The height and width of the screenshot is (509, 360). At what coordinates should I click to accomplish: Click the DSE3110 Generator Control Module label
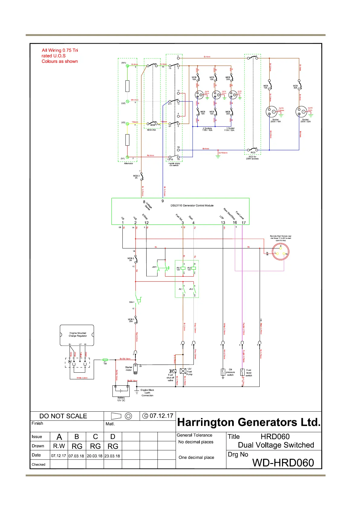click(192, 206)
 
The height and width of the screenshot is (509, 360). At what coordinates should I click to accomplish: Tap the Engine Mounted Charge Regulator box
click(77, 335)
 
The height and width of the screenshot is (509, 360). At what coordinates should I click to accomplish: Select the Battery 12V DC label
click(121, 399)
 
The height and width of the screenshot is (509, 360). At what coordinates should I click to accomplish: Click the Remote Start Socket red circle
click(281, 251)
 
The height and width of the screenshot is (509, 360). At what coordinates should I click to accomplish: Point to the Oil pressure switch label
click(230, 372)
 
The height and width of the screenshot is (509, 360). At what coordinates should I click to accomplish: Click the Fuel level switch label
click(249, 373)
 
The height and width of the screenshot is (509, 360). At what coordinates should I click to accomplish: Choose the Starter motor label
click(129, 368)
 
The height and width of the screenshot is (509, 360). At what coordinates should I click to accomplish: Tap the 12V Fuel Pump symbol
click(183, 371)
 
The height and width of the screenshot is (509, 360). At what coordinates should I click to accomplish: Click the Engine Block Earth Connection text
click(148, 393)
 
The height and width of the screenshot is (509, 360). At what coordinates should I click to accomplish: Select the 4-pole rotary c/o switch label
click(174, 164)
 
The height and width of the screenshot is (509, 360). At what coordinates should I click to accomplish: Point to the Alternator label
click(128, 164)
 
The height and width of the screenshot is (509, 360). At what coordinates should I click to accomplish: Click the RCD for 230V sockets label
click(252, 157)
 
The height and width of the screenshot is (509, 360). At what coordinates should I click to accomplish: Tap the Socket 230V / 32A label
click(305, 121)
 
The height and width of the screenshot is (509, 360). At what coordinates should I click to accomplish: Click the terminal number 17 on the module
click(244, 223)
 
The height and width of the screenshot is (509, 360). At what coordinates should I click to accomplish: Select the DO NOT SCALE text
click(63, 416)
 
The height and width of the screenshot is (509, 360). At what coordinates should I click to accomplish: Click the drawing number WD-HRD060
click(283, 463)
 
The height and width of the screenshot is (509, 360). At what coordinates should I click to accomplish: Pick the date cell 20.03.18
click(95, 456)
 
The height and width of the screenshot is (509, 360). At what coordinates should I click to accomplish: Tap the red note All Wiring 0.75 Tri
click(60, 50)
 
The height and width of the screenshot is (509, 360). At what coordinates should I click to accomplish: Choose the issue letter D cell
click(113, 437)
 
